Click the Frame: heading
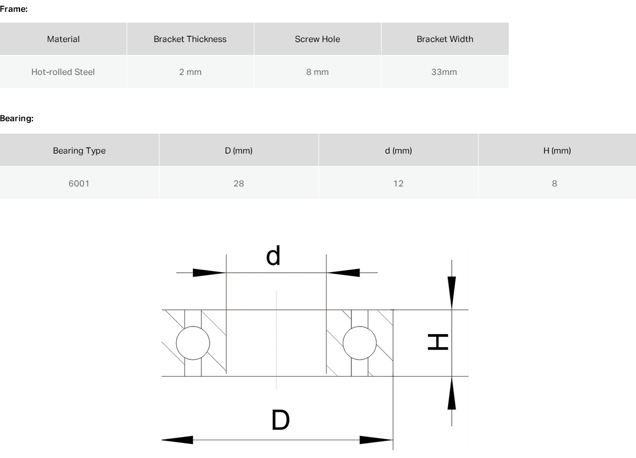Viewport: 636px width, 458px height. [x=14, y=9]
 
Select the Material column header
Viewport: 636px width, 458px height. [x=63, y=39]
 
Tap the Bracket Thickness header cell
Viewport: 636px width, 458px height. [x=190, y=39]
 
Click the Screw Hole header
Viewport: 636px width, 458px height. [x=317, y=39]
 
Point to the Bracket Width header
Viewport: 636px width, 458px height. [x=445, y=39]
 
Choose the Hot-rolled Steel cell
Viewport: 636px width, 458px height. [x=63, y=72]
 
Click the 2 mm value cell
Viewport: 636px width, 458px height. [x=190, y=72]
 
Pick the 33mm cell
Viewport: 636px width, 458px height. [x=445, y=72]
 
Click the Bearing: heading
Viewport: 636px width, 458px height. [x=17, y=119]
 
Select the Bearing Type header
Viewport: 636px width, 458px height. [x=80, y=150]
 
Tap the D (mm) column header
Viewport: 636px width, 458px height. [x=239, y=150]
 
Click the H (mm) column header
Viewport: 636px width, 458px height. [x=557, y=150]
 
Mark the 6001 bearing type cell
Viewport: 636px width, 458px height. [x=80, y=183]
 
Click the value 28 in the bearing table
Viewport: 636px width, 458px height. [x=239, y=183]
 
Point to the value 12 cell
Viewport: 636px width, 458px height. [x=398, y=183]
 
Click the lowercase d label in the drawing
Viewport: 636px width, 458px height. [x=273, y=255]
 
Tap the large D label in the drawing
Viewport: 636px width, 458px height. [x=280, y=420]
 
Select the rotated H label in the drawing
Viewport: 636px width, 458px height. [x=438, y=342]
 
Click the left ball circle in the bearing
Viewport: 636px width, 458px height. [x=176, y=343]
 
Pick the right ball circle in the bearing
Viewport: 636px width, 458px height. [x=343, y=343]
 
